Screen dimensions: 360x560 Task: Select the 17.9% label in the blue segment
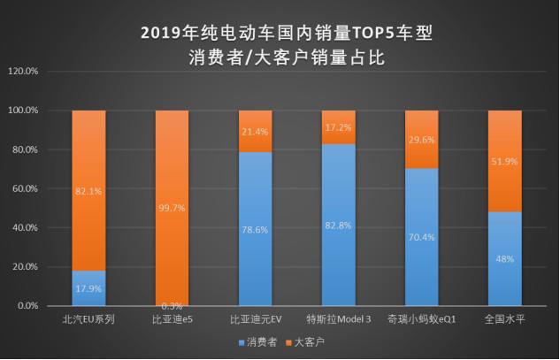pos(88,287)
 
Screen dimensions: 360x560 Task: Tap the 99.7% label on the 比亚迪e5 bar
pos(173,207)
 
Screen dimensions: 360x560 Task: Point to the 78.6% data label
pos(257,230)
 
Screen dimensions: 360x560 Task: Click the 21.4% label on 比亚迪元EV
pos(257,132)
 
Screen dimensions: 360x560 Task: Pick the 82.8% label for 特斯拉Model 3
pos(340,226)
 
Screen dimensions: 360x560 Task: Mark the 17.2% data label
pos(340,127)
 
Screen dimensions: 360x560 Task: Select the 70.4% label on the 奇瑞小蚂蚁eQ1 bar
pos(422,237)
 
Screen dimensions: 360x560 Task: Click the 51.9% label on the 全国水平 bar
pos(505,161)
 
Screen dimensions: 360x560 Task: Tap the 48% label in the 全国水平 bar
pos(505,259)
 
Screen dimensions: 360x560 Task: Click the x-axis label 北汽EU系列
pos(88,318)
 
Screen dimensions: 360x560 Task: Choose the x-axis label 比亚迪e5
pos(173,318)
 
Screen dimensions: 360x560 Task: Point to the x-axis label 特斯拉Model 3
pos(340,318)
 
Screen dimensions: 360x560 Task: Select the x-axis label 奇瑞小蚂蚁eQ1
pos(422,318)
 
